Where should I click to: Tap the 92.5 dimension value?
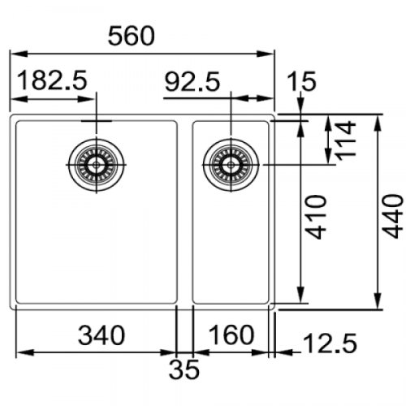(x=192, y=81)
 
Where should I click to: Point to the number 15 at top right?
(x=301, y=81)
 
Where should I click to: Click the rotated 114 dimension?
(x=347, y=139)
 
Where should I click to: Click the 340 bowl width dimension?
(x=101, y=334)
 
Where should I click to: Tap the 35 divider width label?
(x=185, y=369)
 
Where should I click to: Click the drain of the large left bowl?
(x=97, y=165)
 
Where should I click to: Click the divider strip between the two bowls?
(x=184, y=211)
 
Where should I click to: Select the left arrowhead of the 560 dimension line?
(x=14, y=54)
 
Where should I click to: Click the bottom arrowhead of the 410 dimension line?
(x=301, y=299)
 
